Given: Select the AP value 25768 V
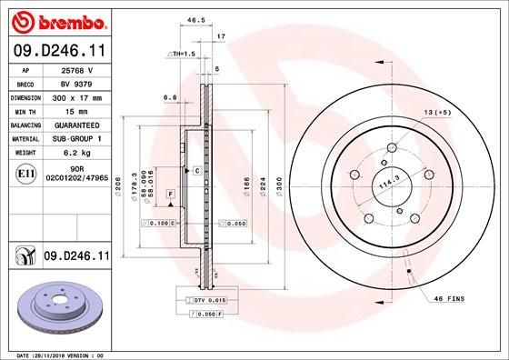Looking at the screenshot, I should pyautogui.click(x=73, y=69).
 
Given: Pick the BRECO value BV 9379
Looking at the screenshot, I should pyautogui.click(x=72, y=82).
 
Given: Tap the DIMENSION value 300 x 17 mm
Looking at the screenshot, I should pyautogui.click(x=76, y=95).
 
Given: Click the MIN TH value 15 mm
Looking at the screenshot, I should pyautogui.click(x=72, y=109).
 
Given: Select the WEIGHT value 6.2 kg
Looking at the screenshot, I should pyautogui.click(x=72, y=152).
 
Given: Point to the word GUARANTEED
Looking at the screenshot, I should pyautogui.click(x=76, y=124).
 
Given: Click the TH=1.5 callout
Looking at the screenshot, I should pyautogui.click(x=183, y=55).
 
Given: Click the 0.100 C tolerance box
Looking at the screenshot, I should pyautogui.click(x=159, y=223).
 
